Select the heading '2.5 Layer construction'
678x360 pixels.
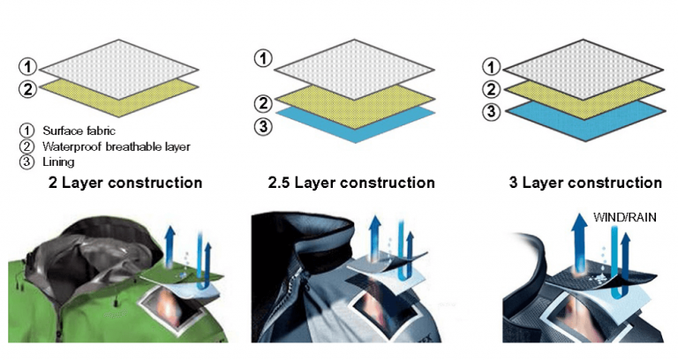click(351, 183)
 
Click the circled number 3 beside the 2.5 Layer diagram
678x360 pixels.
click(262, 126)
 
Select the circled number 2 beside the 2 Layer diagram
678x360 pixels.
click(28, 88)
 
